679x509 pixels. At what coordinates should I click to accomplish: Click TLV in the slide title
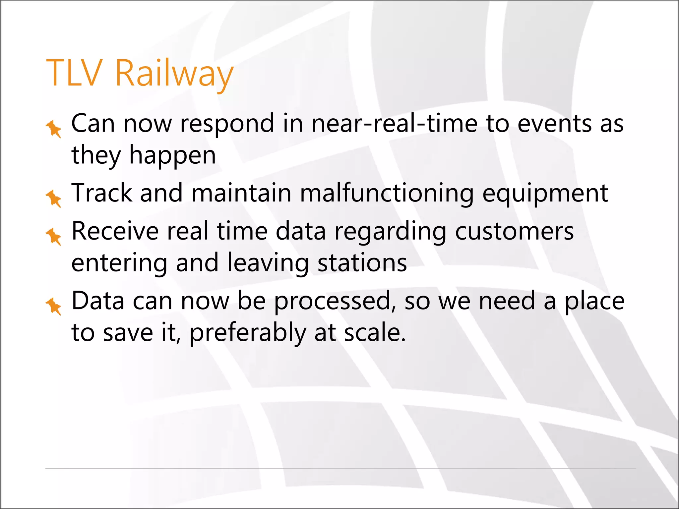[x=74, y=73]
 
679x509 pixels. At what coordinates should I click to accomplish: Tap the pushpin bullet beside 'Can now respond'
[x=54, y=129]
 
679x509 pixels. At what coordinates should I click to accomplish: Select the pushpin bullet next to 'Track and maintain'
[x=54, y=198]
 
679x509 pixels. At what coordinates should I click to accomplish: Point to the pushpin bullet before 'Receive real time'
[x=54, y=237]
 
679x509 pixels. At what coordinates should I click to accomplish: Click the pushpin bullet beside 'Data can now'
[x=54, y=306]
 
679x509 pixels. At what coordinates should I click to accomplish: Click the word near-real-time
[x=394, y=124]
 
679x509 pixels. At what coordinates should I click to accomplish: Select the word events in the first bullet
[x=554, y=124]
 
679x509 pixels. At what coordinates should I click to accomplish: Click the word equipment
[x=545, y=194]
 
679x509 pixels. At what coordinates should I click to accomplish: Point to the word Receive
[x=115, y=231]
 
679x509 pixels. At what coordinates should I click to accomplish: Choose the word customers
[x=514, y=231]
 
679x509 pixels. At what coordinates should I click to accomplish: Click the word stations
[x=362, y=263]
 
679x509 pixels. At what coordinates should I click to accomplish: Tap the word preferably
[x=248, y=333]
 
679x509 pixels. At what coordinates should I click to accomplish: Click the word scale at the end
[x=374, y=333]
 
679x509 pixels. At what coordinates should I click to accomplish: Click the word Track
[x=102, y=194]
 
